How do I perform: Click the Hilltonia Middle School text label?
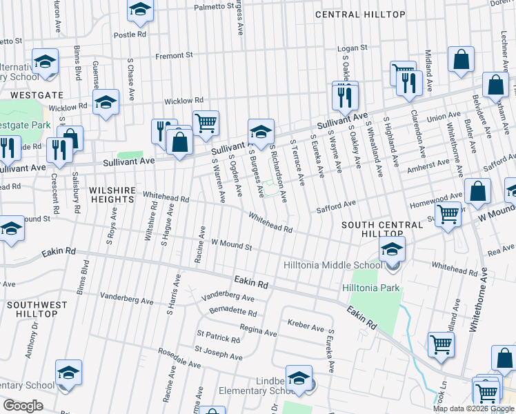[x=333, y=265]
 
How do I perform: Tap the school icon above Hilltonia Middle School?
[x=392, y=250]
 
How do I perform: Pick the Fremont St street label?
[x=174, y=55]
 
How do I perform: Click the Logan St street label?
[x=352, y=49]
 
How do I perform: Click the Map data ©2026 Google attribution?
[x=473, y=408]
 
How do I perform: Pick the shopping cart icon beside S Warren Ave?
[x=206, y=124]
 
